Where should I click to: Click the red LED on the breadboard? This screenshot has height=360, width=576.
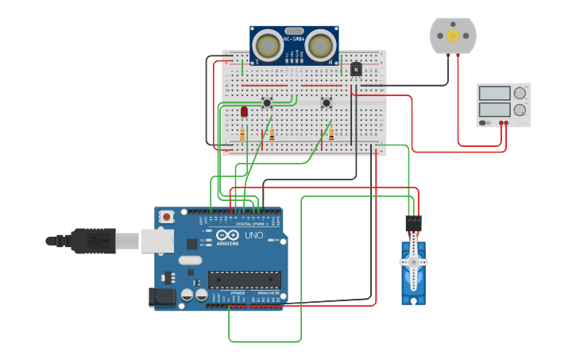pos(244,112)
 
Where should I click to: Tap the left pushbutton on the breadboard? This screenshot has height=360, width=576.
pos(267,103)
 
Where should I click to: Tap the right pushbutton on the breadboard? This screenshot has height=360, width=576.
pos(326,103)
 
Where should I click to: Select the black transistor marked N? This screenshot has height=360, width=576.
pos(356,70)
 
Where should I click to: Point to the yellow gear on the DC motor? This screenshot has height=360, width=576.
pos(453,35)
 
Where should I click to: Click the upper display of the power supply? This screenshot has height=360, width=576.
pos(494,92)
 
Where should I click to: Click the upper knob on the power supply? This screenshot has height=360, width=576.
pos(520,92)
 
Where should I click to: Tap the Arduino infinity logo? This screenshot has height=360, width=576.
pos(226,235)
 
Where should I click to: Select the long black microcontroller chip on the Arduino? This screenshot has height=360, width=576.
pos(244,280)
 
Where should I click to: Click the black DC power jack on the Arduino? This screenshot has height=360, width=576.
pos(162,297)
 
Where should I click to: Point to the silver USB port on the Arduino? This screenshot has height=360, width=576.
pos(157,241)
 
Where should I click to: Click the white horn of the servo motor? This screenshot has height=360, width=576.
pos(413,262)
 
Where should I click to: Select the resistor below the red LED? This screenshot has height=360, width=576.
pos(242,136)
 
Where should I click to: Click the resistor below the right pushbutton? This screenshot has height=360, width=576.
pos(331,135)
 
